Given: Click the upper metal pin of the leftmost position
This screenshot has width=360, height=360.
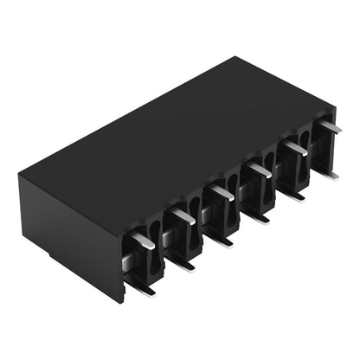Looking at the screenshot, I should (144, 241).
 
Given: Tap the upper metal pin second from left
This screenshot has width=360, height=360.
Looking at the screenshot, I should (182, 215).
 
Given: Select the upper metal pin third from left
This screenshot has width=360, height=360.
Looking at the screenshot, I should (220, 191).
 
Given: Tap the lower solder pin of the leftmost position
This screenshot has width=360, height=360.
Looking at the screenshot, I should (140, 288).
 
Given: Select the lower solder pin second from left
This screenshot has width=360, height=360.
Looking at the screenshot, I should (182, 262).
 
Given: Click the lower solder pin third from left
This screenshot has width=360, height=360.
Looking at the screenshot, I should (220, 239).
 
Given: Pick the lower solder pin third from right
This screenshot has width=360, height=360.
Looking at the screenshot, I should (257, 215).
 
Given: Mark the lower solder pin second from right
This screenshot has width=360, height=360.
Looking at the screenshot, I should (293, 194).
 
